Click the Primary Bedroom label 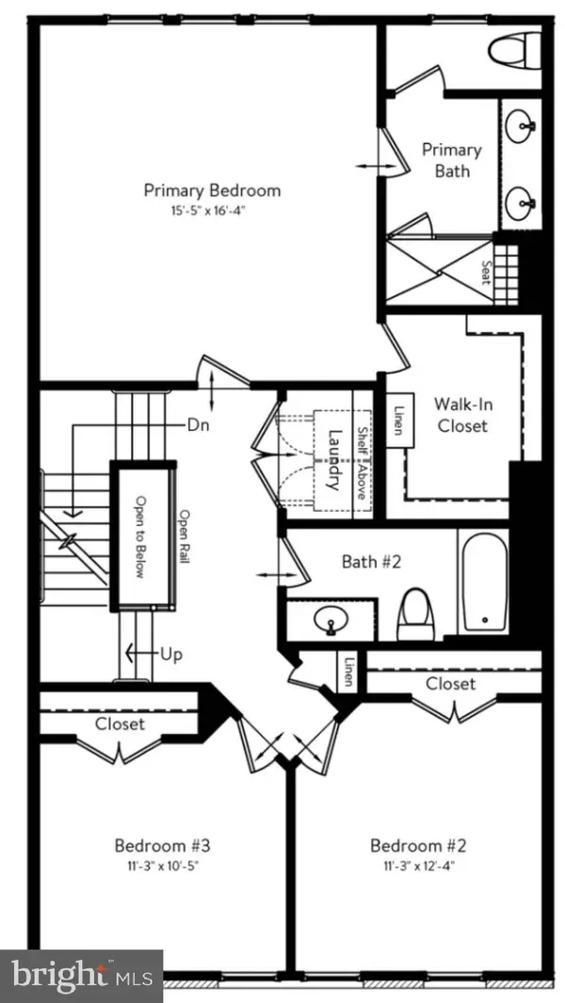(212, 190)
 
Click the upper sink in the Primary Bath (521, 123)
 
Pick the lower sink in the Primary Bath (521, 200)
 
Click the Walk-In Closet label (460, 415)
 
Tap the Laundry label (331, 460)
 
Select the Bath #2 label (371, 562)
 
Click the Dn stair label (197, 424)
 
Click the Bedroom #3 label (154, 844)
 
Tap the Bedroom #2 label (410, 844)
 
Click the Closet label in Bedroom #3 (121, 724)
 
